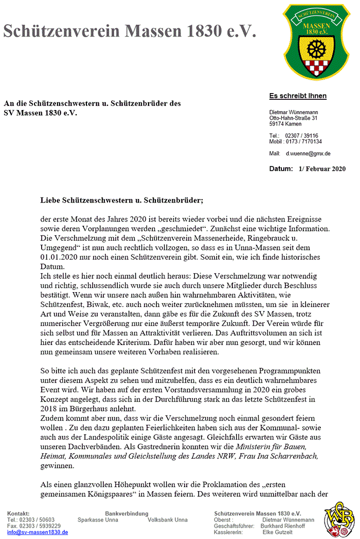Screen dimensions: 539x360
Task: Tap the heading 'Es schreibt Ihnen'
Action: (298, 96)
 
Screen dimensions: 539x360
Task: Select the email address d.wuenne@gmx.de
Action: (308, 153)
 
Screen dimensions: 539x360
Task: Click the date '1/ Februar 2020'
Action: (321, 169)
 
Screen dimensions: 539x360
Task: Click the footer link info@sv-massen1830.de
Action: (38, 532)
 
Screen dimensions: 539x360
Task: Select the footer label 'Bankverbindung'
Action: (127, 514)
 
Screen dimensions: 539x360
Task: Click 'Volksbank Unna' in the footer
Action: (168, 520)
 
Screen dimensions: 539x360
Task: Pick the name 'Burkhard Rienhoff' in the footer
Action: (283, 526)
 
